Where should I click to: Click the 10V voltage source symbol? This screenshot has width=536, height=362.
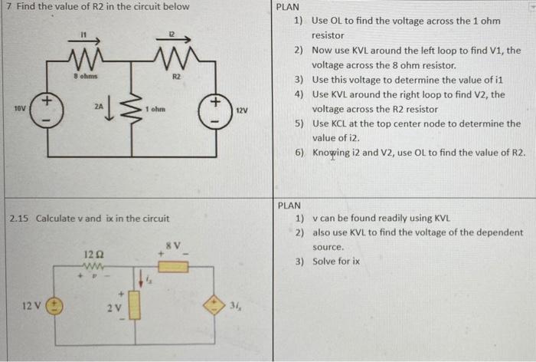pos(47,110)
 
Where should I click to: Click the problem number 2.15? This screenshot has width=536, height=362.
pos(20,219)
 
